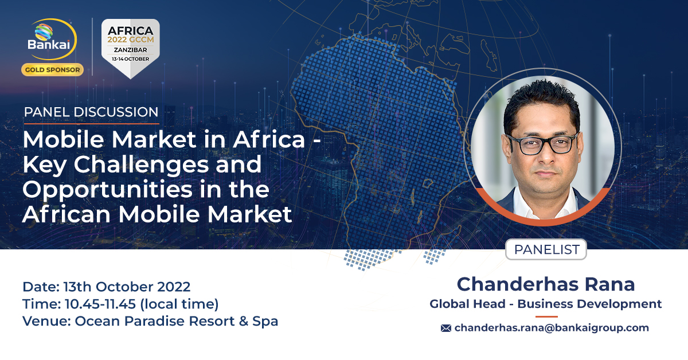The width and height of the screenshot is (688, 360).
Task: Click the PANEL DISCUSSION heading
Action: (x=91, y=112)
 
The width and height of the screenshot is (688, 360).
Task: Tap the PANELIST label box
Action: (x=546, y=250)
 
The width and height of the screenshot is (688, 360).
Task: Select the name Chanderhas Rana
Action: (x=545, y=284)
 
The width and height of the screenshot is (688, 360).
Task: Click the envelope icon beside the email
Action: (x=445, y=328)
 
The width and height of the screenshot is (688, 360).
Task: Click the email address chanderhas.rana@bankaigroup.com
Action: (x=552, y=328)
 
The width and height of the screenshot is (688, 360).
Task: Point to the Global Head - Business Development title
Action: (x=545, y=304)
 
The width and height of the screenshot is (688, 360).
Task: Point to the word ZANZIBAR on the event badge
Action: (x=130, y=50)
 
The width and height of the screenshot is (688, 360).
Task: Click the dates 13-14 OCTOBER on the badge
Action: (x=130, y=59)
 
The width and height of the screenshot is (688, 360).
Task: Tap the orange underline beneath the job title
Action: (x=546, y=316)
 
